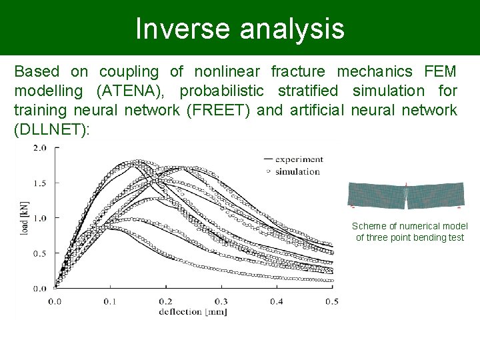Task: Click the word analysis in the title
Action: pyautogui.click(x=288, y=29)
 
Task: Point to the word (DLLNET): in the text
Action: pyautogui.click(x=51, y=129)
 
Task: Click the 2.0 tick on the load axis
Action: pyautogui.click(x=39, y=148)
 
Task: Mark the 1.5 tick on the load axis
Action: pyautogui.click(x=39, y=183)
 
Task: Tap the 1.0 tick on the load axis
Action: pyautogui.click(x=39, y=218)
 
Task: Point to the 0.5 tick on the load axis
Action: pyautogui.click(x=39, y=253)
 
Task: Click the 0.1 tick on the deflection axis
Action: pyautogui.click(x=109, y=301)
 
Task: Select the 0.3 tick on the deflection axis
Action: pyautogui.click(x=221, y=301)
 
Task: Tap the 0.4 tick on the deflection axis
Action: pyautogui.click(x=276, y=301)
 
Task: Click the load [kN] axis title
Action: pyautogui.click(x=25, y=219)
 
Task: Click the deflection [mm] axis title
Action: pyautogui.click(x=193, y=311)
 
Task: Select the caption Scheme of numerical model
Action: pyautogui.click(x=410, y=227)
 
